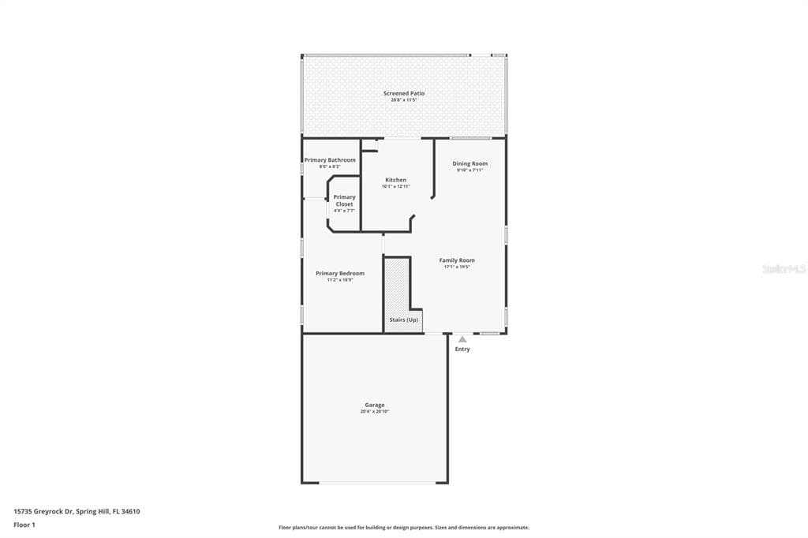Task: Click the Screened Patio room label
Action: (403, 93)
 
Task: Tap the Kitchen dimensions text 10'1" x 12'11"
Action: (395, 187)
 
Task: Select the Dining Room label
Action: (469, 163)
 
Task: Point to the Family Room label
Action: (457, 260)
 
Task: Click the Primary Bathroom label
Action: (330, 160)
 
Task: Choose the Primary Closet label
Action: (344, 200)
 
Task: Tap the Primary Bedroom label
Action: (340, 273)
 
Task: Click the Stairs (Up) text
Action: (404, 319)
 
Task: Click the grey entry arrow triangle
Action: (462, 339)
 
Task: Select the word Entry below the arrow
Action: (462, 349)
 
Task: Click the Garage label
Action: (375, 405)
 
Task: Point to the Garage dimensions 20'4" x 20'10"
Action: (375, 412)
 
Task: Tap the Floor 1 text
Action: (24, 524)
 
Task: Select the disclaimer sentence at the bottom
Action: (404, 528)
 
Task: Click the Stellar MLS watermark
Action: (784, 269)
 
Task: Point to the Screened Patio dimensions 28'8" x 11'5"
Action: (403, 100)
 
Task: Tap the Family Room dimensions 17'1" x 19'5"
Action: (457, 267)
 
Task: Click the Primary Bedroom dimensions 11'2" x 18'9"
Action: (340, 280)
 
